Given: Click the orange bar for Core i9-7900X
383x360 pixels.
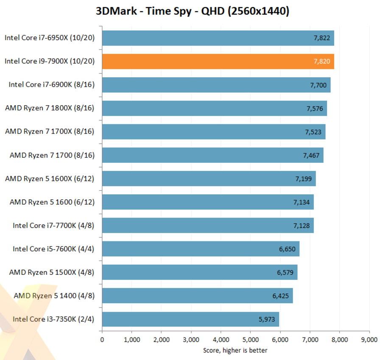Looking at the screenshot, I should click(218, 61).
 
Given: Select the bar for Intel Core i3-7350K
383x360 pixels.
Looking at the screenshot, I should click(190, 319).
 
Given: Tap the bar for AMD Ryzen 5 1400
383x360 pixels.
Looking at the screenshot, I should click(197, 296).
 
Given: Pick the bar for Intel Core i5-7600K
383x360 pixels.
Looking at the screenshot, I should click(201, 249).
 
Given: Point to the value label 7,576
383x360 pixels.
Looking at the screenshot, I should click(315, 109).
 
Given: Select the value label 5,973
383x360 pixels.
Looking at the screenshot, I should click(267, 319).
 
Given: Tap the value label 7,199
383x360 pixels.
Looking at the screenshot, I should click(304, 179).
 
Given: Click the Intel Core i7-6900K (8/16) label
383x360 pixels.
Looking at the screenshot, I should click(51, 85).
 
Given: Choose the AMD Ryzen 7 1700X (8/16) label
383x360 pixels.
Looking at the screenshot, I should click(50, 131).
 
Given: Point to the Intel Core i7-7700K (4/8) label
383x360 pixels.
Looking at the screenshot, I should click(53, 225).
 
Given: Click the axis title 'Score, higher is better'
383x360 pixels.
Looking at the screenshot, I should click(235, 350).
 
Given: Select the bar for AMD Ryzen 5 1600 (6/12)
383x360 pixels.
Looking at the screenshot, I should click(208, 202).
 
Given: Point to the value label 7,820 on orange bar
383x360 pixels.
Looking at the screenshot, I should click(322, 61).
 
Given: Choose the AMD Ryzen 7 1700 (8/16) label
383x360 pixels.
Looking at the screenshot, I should click(52, 155).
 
